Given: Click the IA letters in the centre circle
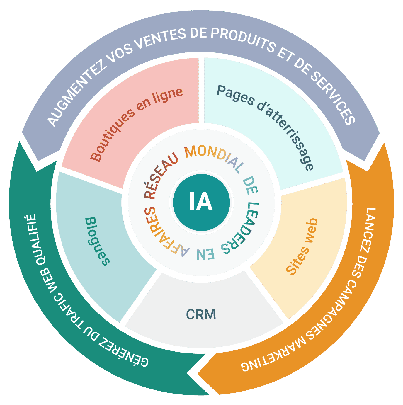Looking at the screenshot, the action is click(201, 201).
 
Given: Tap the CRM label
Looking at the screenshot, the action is click(201, 314).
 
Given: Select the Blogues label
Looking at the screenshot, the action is click(97, 241).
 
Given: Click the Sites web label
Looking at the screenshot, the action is click(302, 247).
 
